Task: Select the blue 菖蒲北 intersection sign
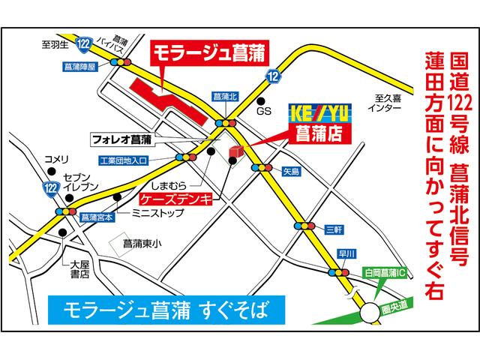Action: pos(225,97)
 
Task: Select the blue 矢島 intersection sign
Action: pos(291,172)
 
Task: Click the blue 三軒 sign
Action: pos(334,227)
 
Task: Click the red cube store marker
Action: pos(235,153)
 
